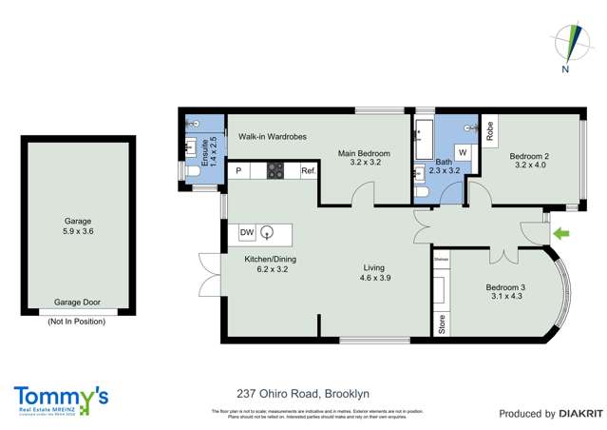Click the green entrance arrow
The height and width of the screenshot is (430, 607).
[x=561, y=231]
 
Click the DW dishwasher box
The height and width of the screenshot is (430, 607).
[x=246, y=232]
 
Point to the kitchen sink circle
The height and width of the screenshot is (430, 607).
[x=268, y=232]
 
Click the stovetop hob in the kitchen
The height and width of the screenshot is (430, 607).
[x=275, y=171]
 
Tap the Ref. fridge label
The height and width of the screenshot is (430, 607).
[x=308, y=171]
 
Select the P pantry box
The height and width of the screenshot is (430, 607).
[x=237, y=171]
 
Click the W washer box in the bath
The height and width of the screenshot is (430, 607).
[x=463, y=151]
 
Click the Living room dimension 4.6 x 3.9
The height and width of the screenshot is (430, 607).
[x=376, y=279]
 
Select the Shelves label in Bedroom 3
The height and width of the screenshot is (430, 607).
[x=440, y=258]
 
